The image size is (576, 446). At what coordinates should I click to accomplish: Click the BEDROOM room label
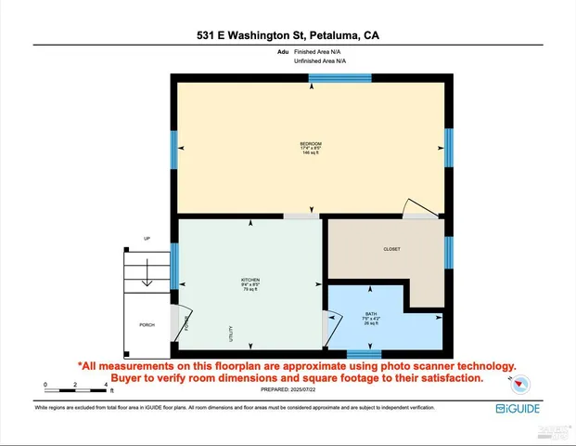pyautogui.click(x=310, y=144)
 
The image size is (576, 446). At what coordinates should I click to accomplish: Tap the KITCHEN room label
pyautogui.click(x=250, y=280)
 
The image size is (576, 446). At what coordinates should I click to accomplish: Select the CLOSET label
pyautogui.click(x=391, y=249)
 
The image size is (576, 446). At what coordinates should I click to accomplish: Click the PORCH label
pyautogui.click(x=147, y=325)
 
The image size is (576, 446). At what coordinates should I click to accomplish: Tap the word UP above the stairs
pyautogui.click(x=147, y=239)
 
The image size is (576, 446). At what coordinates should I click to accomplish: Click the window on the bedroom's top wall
pyautogui.click(x=339, y=77)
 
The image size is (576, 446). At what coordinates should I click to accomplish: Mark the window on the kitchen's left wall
pyautogui.click(x=173, y=265)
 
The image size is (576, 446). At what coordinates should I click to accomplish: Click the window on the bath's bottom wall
pyautogui.click(x=363, y=353)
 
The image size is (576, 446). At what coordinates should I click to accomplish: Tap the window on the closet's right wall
pyautogui.click(x=449, y=249)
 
